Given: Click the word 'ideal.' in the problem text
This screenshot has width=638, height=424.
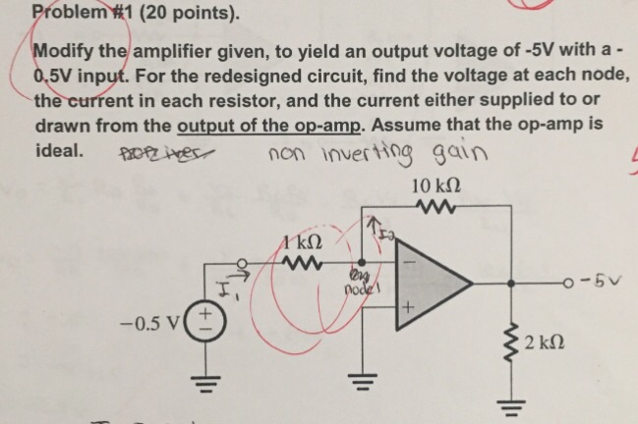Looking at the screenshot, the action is [59, 152].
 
